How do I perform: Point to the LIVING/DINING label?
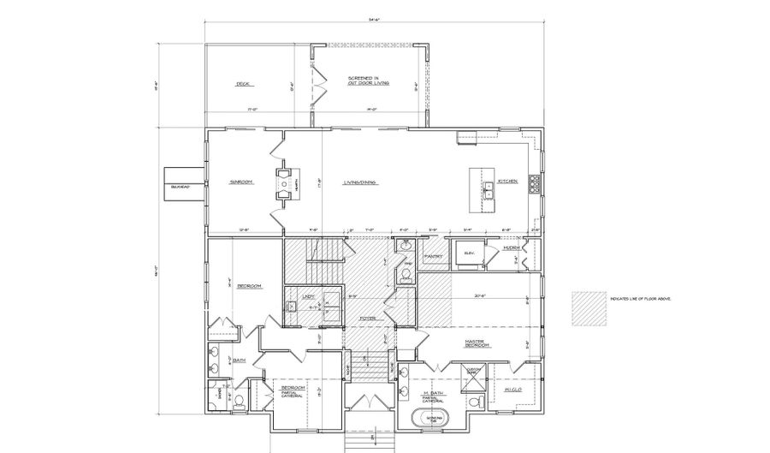click(x=361, y=182)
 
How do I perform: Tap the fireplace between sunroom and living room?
click(x=283, y=182)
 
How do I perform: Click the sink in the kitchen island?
click(x=487, y=189)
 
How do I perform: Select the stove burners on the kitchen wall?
click(x=534, y=182)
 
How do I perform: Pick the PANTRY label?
click(x=432, y=256)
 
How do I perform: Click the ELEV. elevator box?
click(x=470, y=253)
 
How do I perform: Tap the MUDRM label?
click(x=512, y=247)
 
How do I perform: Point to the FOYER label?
click(x=368, y=319)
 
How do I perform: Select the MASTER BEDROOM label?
click(x=476, y=343)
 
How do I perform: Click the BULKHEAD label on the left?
click(x=179, y=184)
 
